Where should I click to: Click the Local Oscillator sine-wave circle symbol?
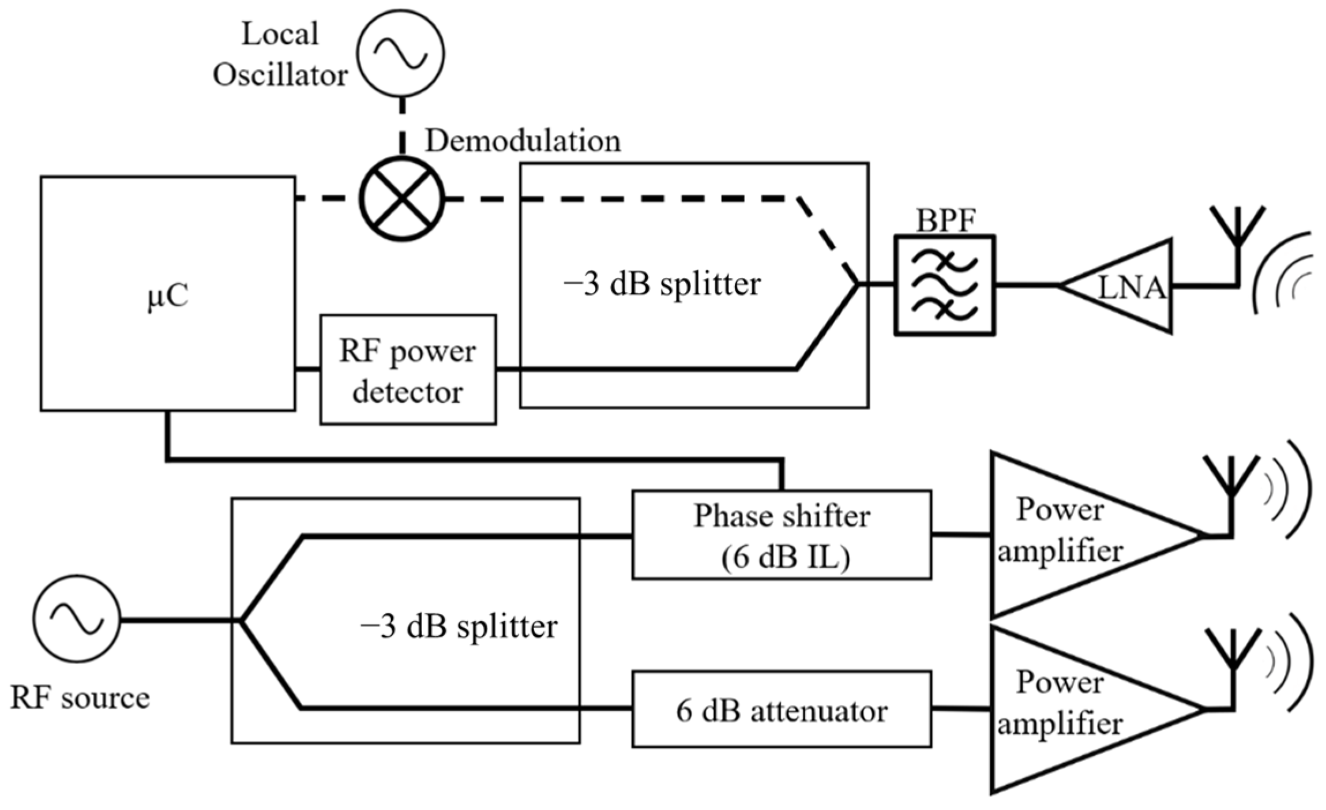click(400, 52)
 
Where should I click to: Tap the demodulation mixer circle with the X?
click(402, 198)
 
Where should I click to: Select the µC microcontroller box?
click(168, 294)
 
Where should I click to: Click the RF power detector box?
click(408, 370)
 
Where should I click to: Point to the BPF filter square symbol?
click(944, 285)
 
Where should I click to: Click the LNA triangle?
click(1125, 286)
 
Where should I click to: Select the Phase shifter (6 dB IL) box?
click(782, 535)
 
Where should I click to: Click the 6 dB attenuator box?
click(782, 710)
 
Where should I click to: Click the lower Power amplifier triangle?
click(1073, 710)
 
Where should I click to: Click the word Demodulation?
click(523, 141)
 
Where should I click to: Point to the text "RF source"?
click(80, 698)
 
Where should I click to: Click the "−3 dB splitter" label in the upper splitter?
click(662, 284)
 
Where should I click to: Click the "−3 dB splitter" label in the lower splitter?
click(459, 627)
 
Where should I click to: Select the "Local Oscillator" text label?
click(280, 55)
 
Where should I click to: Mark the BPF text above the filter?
click(945, 221)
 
